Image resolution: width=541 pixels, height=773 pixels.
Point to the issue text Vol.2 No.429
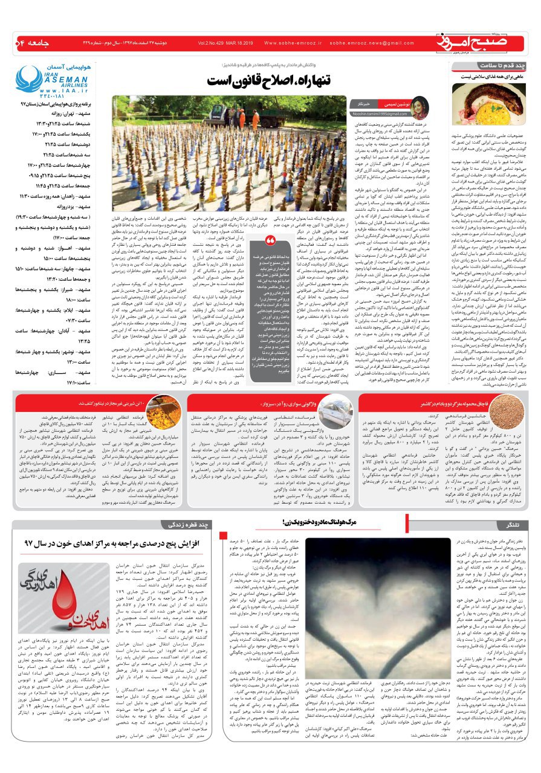(x=216, y=43)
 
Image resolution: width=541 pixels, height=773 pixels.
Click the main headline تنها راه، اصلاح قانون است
(x=271, y=81)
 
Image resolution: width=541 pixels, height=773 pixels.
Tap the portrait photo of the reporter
(x=418, y=107)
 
